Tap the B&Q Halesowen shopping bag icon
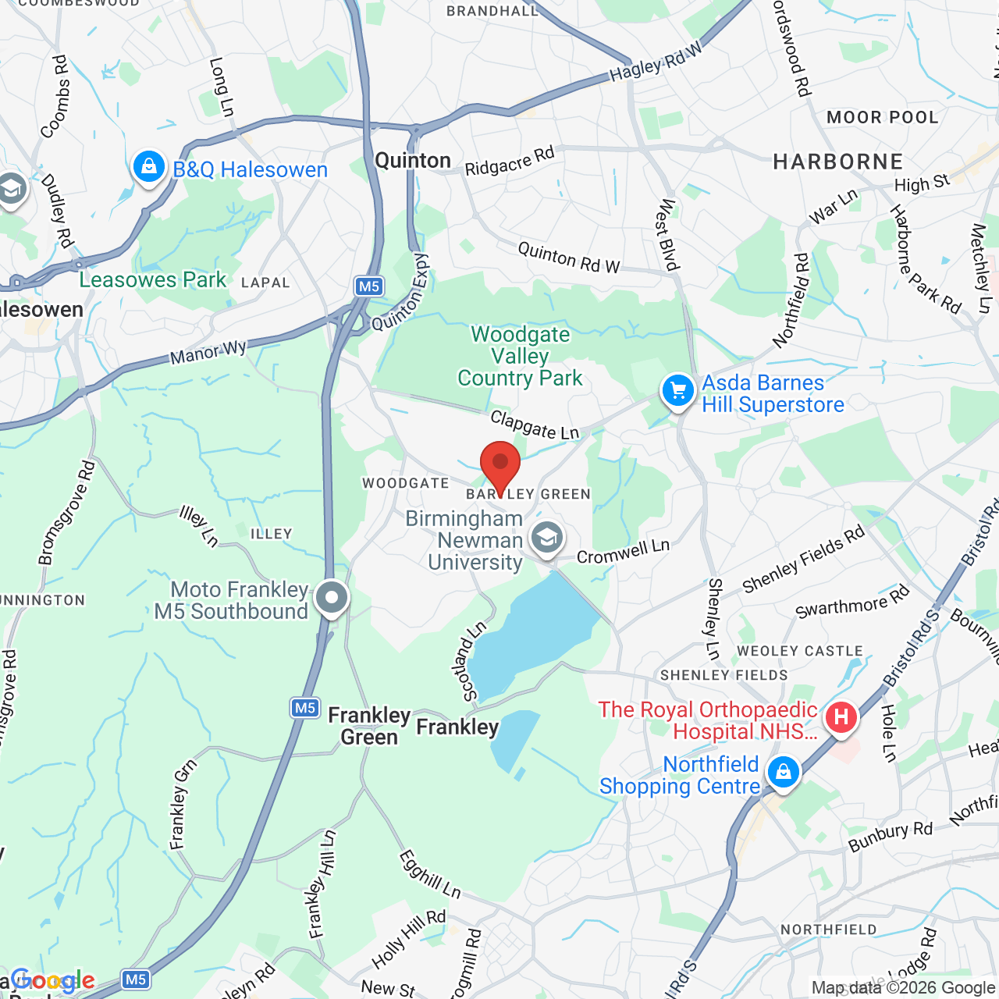pos(148,166)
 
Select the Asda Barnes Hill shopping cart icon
pos(677,390)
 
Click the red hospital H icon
pos(841,716)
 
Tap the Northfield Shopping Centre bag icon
pos(783,773)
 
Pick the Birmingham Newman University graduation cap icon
pos(547,538)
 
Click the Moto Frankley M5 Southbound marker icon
pos(332,598)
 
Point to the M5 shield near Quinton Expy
pos(368,286)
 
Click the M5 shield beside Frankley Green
pos(304,708)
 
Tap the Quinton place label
pos(413,161)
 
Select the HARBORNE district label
pos(837,162)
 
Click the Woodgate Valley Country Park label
pos(520,357)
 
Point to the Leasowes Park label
pos(153,279)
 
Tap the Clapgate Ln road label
pos(535,425)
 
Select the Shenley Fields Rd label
pos(803,558)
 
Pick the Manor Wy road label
pos(208,352)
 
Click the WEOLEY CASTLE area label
pos(800,651)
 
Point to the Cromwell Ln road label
pos(623,551)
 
